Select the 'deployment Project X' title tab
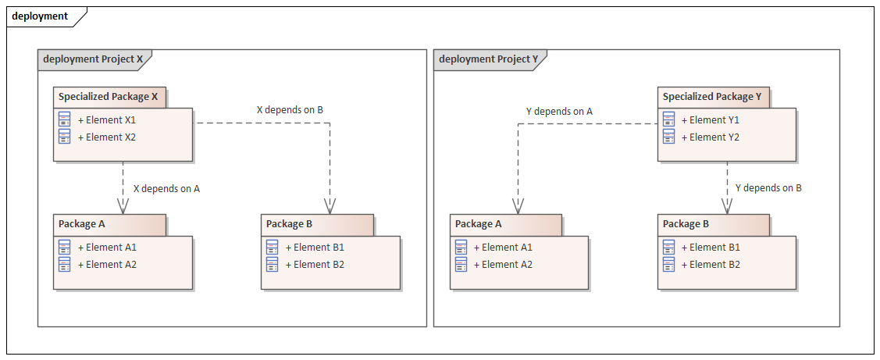93,59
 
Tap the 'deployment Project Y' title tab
489,59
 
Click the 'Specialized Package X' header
109,97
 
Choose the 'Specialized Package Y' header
712,97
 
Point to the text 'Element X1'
110,120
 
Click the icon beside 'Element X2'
65,137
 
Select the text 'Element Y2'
714,137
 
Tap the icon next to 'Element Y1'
668,119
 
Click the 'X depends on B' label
290,110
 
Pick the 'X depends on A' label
166,188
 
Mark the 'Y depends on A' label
559,112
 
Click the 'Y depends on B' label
768,188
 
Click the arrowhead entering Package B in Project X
330,206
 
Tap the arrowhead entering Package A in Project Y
517,206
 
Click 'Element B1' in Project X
318,248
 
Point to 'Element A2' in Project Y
507,265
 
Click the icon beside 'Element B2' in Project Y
668,265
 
